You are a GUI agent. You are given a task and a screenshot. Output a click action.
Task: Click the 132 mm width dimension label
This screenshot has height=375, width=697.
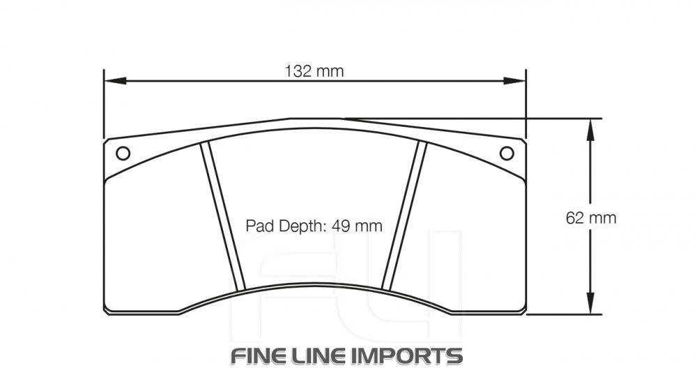click(x=314, y=71)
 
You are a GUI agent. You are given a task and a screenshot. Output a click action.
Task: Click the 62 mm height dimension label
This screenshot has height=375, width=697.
click(x=591, y=217)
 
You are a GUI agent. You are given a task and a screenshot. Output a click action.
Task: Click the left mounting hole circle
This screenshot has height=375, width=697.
click(x=123, y=153)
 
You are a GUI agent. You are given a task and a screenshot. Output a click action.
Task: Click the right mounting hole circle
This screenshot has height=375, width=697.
click(x=507, y=153)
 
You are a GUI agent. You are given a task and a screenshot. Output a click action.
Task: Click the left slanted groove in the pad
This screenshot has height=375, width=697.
click(x=224, y=216)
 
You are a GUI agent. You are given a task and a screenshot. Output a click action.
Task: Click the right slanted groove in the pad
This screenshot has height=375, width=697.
click(x=404, y=216)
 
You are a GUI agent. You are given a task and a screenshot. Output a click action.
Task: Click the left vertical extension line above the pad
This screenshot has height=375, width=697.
click(x=104, y=105)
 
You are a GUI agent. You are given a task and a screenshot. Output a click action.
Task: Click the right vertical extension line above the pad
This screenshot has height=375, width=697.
click(x=526, y=105)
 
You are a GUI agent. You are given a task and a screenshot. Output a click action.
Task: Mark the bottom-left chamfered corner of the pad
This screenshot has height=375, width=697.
click(x=107, y=308)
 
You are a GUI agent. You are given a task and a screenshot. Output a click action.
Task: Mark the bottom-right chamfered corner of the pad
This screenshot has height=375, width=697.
click(x=523, y=308)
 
